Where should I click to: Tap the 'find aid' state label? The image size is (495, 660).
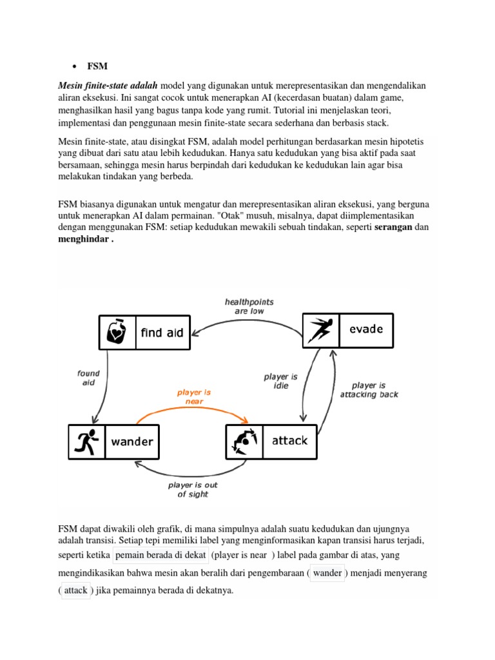[x=162, y=333]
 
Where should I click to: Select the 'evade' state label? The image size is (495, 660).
[x=365, y=329]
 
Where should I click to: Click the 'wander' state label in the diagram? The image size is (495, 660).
[x=132, y=442]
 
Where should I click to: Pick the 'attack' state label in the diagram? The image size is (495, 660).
[x=290, y=441]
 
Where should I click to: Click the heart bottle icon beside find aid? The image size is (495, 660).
[x=117, y=332]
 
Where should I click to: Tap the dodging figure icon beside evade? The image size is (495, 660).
[x=321, y=329]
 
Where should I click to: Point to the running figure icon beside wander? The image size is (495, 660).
[x=86, y=442]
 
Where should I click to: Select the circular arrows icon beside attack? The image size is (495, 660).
[x=244, y=442]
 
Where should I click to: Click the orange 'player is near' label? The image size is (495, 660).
[x=193, y=396]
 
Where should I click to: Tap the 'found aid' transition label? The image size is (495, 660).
[x=88, y=378]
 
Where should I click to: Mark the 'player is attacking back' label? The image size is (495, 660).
[x=369, y=390]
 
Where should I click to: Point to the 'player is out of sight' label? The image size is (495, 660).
[x=193, y=489]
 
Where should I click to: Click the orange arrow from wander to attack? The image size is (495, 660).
[x=193, y=411]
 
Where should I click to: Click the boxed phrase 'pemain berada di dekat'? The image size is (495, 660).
[x=160, y=555]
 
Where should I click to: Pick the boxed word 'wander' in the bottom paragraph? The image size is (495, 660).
[x=327, y=573]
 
